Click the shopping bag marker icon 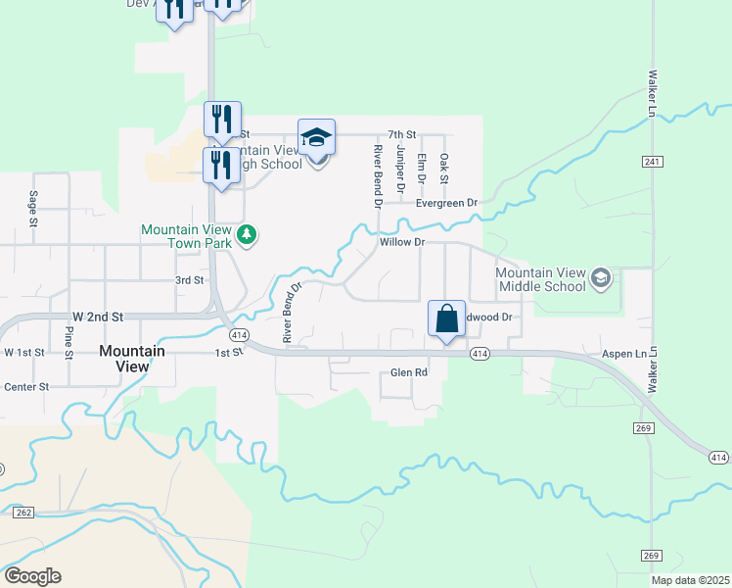446,319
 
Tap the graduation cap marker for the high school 317,136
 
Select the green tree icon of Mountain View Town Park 249,234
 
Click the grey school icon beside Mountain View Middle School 600,279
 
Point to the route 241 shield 654,161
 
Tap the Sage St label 33,209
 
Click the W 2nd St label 98,318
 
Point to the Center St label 26,387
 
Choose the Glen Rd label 409,372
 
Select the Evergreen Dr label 446,203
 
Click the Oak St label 443,168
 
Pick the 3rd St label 189,280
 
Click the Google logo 31,576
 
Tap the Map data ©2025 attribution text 690,580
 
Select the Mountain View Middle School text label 540,279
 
